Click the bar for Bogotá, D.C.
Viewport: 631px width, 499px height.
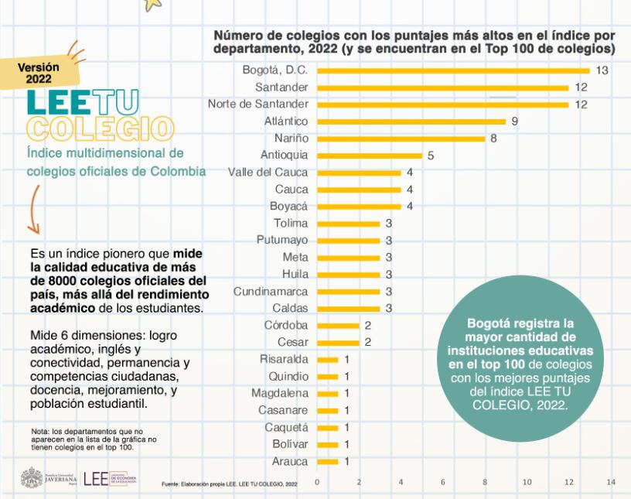(453, 70)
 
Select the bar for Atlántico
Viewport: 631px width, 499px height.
(411, 121)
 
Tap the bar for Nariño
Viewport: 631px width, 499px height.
(401, 138)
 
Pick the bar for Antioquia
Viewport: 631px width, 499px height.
(370, 156)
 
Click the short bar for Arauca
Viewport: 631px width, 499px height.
(328, 462)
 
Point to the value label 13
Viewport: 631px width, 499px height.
(602, 70)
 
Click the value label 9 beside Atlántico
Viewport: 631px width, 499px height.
(514, 121)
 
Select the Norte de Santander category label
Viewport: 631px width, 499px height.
(258, 104)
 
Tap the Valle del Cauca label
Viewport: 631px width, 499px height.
(268, 173)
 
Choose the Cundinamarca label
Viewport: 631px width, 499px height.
(271, 292)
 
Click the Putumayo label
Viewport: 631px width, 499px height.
(282, 241)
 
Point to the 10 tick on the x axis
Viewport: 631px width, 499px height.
(527, 483)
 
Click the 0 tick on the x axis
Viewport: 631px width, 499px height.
(317, 483)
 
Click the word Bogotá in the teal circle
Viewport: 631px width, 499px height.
(490, 323)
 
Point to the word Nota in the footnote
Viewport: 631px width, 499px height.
(39, 430)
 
